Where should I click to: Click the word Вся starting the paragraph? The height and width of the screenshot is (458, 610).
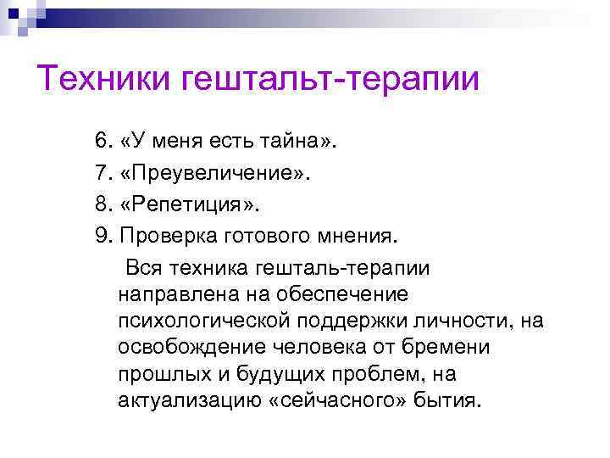(x=145, y=269)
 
